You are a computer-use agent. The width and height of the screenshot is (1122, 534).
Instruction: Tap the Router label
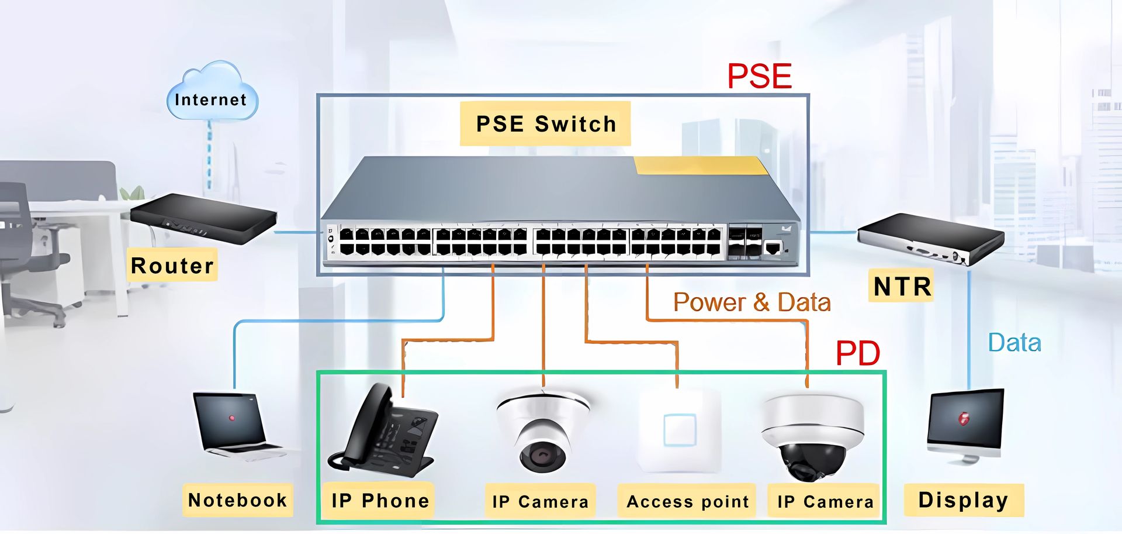[172, 266]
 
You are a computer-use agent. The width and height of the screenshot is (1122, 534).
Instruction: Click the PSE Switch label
[545, 124]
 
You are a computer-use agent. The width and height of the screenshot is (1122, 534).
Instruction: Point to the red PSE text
[759, 77]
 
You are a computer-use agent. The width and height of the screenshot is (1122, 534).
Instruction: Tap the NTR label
[902, 287]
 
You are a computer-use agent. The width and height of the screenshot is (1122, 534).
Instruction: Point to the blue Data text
[1014, 343]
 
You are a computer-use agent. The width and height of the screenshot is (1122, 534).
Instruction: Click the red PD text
[857, 353]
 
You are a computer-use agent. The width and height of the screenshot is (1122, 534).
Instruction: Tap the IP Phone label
[380, 501]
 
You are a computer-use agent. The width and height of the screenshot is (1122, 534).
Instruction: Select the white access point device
[680, 430]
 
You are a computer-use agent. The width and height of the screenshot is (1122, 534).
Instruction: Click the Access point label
[687, 502]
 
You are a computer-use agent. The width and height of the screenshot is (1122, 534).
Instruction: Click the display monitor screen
[965, 419]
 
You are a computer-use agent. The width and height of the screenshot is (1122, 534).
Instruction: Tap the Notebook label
[237, 500]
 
